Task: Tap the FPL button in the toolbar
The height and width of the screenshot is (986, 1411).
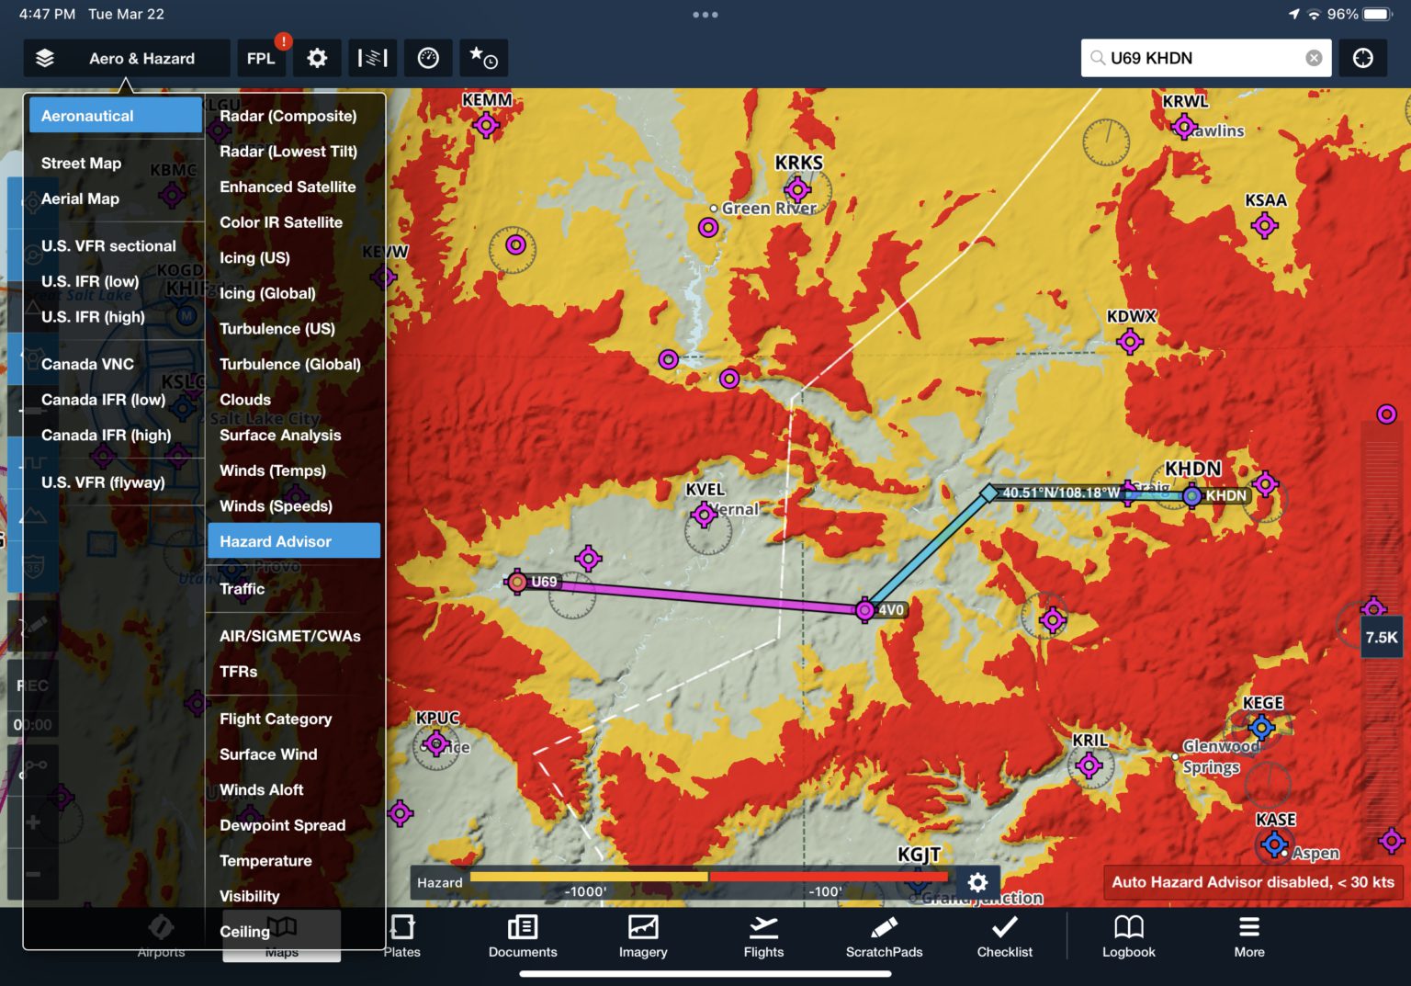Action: pyautogui.click(x=261, y=58)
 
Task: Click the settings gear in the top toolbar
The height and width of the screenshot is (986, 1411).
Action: pyautogui.click(x=317, y=58)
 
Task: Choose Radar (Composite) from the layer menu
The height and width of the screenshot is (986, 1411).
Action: pyautogui.click(x=288, y=116)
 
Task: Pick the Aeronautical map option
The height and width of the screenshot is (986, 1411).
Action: pyautogui.click(x=115, y=116)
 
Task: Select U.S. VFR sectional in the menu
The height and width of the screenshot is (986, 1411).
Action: pyautogui.click(x=108, y=245)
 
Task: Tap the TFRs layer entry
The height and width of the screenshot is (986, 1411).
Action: pyautogui.click(x=238, y=672)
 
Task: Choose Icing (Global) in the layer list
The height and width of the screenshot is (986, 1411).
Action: pyautogui.click(x=267, y=293)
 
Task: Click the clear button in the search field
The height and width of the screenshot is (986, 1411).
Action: pyautogui.click(x=1314, y=58)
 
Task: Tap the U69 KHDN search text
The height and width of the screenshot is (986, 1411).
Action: pyautogui.click(x=1151, y=58)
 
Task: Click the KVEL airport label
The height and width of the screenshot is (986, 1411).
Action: pyautogui.click(x=705, y=490)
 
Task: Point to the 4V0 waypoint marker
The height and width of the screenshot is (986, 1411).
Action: pyautogui.click(x=864, y=610)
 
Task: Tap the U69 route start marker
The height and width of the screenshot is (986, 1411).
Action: pyautogui.click(x=517, y=582)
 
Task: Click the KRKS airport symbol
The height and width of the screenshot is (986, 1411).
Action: pyautogui.click(x=797, y=190)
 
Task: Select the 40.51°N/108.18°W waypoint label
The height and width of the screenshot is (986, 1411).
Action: pyautogui.click(x=1060, y=493)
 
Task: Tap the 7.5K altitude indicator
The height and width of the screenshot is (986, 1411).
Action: pyautogui.click(x=1381, y=637)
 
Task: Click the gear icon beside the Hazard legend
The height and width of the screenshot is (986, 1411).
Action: pyautogui.click(x=977, y=882)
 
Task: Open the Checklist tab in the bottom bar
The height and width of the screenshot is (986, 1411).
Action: pyautogui.click(x=1004, y=935)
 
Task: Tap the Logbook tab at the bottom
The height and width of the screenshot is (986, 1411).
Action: pyautogui.click(x=1128, y=935)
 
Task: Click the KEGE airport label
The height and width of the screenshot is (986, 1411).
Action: pyautogui.click(x=1263, y=703)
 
